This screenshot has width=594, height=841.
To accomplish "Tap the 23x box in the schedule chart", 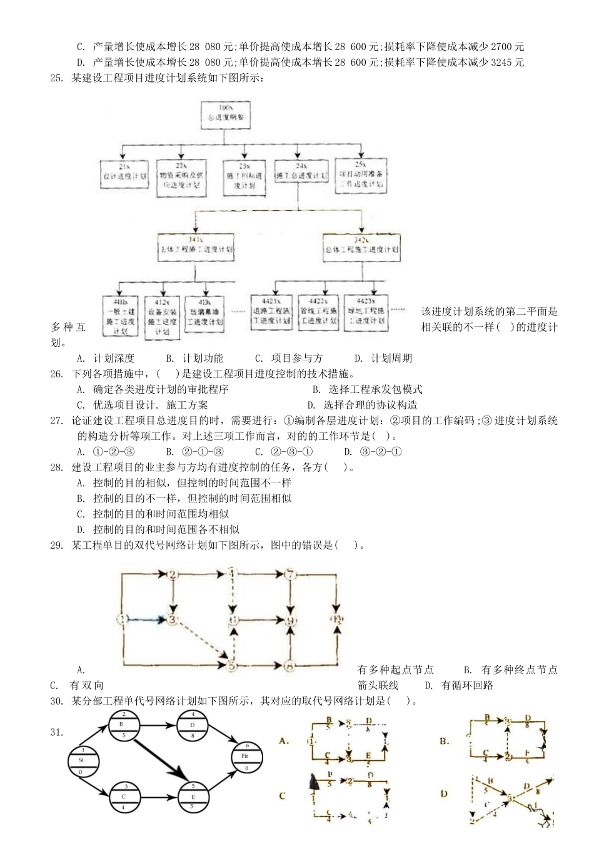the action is click(244, 177).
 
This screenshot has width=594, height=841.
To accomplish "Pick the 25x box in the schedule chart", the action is click(361, 175).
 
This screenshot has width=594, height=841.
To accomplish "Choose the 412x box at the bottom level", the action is click(162, 317).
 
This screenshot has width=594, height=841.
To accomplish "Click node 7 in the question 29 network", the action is click(289, 574).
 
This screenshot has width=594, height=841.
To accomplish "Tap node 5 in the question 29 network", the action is click(231, 665).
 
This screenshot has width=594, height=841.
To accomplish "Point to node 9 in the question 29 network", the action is click(290, 621).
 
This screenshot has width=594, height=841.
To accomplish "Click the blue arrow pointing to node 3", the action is click(147, 619).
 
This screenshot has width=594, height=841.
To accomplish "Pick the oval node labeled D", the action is click(193, 725).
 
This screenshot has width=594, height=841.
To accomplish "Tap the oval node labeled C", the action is click(124, 797).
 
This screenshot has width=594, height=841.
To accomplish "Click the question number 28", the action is click(56, 467).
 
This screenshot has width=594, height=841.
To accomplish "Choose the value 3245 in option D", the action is click(500, 62).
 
